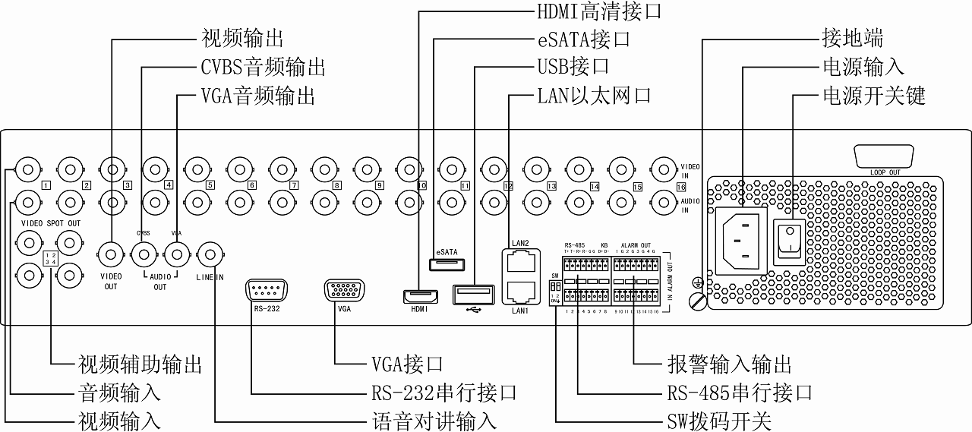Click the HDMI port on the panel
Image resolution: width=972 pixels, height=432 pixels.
point(420,295)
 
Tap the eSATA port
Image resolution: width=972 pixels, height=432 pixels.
point(448,264)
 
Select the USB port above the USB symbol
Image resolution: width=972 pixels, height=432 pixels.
point(470,293)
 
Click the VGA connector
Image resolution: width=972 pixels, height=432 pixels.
point(344,291)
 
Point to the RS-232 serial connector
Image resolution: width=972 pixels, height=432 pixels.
point(265,291)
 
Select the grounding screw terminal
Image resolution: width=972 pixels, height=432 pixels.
point(696,301)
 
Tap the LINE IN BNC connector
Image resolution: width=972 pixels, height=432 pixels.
point(210,254)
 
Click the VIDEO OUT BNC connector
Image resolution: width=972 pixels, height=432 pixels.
point(112,254)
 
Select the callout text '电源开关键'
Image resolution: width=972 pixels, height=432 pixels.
point(874,96)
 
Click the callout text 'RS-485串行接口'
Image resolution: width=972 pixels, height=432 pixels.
point(739,393)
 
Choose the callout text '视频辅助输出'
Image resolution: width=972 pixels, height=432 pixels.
point(140,364)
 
